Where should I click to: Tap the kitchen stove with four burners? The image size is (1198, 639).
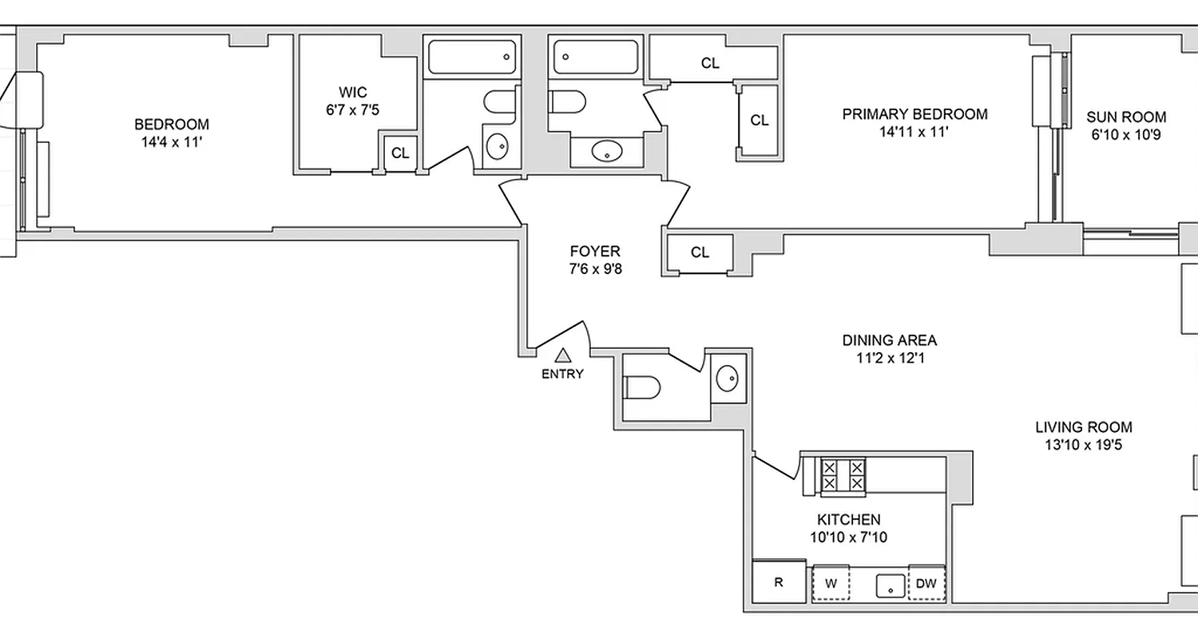click(x=843, y=475)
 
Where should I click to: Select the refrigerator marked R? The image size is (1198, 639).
click(x=779, y=582)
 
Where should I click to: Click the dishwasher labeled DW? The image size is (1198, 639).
click(x=926, y=583)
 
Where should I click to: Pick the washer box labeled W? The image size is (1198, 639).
click(x=831, y=583)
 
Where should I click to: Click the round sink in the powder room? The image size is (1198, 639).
click(x=728, y=378)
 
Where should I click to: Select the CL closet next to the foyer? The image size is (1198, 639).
click(x=700, y=253)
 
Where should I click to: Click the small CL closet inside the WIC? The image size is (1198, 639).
click(x=400, y=153)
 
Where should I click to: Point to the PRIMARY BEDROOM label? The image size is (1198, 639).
click(x=914, y=114)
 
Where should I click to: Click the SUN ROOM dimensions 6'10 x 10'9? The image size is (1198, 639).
click(x=1125, y=135)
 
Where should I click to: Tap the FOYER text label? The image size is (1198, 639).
click(x=595, y=251)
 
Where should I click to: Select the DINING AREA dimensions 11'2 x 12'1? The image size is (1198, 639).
click(x=890, y=359)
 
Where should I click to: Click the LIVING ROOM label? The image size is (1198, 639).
click(x=1084, y=427)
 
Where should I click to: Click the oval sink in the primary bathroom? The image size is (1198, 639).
click(x=608, y=150)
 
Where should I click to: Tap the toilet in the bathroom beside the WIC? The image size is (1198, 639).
click(x=501, y=103)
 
